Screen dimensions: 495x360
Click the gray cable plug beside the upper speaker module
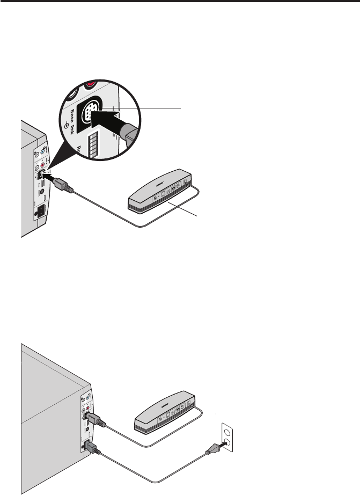(x=61, y=184)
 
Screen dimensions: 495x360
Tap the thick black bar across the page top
(x=180, y=2)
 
